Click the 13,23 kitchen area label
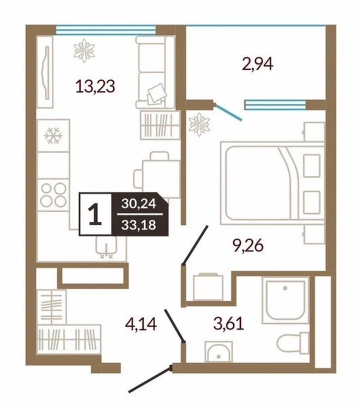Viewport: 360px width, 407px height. (95, 86)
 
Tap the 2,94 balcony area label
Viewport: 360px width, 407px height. (257, 64)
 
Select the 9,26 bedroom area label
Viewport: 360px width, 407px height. (249, 245)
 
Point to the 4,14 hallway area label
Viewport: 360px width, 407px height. (141, 324)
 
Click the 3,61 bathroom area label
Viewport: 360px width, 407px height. (229, 323)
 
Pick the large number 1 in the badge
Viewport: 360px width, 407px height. (95, 215)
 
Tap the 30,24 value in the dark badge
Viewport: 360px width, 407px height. (139, 204)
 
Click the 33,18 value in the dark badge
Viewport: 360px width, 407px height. (139, 225)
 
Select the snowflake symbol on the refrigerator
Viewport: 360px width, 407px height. (53, 135)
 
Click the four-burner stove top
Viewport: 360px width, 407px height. (53, 195)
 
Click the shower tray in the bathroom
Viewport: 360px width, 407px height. (285, 300)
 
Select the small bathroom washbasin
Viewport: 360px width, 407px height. (219, 352)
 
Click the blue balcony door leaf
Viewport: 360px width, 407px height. (228, 112)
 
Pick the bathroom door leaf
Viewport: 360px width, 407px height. (175, 325)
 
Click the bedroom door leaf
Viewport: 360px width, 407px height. (195, 245)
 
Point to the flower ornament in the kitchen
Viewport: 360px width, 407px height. (84, 50)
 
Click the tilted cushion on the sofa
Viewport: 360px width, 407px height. (157, 92)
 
